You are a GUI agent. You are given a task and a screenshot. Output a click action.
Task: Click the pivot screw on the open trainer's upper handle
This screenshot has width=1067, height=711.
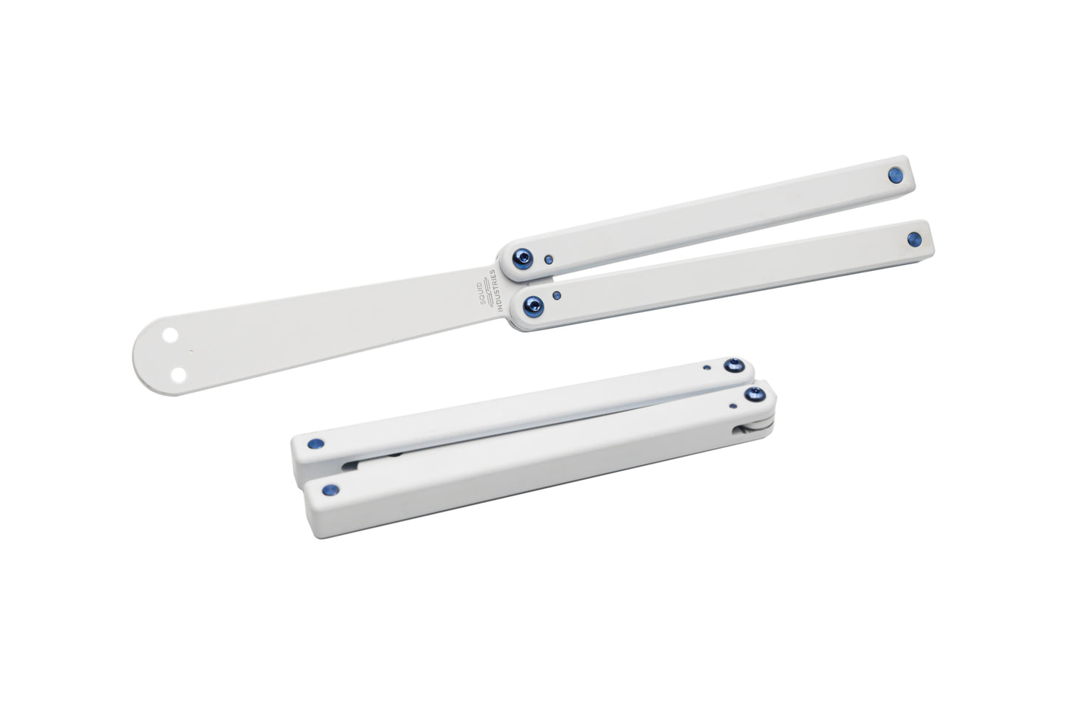pyautogui.click(x=523, y=258)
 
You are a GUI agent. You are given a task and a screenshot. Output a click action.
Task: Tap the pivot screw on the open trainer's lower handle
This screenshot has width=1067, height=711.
pyautogui.click(x=533, y=306)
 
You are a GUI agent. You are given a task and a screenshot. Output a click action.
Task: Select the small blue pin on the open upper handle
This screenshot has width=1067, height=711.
pyautogui.click(x=549, y=260)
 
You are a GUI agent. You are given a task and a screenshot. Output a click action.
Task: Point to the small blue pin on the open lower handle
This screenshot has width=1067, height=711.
pyautogui.click(x=556, y=296)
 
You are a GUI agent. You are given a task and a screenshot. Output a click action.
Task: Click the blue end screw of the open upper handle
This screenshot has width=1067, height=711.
pyautogui.click(x=896, y=175)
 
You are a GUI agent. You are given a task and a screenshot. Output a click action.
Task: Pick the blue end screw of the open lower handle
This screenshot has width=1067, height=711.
pyautogui.click(x=914, y=239)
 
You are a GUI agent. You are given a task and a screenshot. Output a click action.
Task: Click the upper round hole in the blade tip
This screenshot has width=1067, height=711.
pyautogui.click(x=170, y=335)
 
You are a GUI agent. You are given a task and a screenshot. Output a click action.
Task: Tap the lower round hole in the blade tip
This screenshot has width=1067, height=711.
pyautogui.click(x=179, y=375)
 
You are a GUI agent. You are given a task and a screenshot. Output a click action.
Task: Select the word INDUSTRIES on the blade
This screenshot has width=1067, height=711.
pyautogui.click(x=496, y=290)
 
